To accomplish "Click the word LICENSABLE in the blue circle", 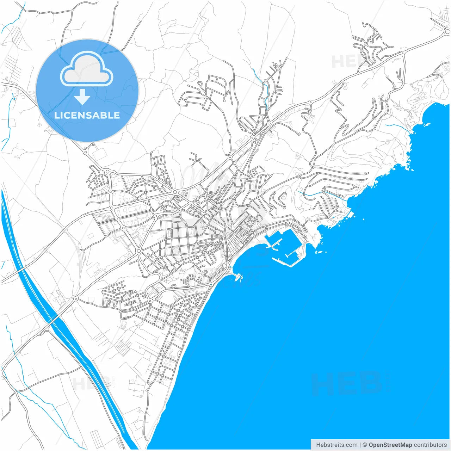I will (x=87, y=115).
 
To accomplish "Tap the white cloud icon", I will (x=87, y=69).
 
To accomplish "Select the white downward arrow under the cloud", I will (x=82, y=97).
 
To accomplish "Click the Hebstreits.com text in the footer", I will (x=336, y=445).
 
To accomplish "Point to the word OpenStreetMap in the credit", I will (x=390, y=445).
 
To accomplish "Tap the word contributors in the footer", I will (x=430, y=445).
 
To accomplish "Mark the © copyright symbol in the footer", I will (x=365, y=445).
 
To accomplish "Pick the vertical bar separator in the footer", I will (x=360, y=445).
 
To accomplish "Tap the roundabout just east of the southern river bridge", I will (x=75, y=299).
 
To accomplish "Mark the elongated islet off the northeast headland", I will (x=427, y=124).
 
